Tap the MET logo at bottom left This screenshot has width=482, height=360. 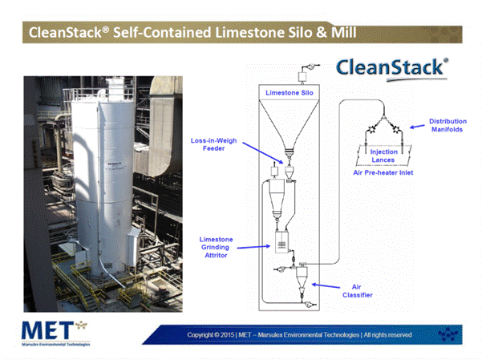(55, 334)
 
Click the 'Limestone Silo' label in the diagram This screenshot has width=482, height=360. (290, 93)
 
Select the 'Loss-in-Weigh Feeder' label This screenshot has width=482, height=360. (213, 144)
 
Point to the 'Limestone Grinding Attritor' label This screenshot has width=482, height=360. (216, 247)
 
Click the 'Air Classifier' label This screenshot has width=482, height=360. (357, 291)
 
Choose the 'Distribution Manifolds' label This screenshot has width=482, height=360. (448, 125)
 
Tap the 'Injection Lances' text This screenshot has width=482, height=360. (383, 156)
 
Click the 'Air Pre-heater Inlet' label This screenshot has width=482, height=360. (383, 172)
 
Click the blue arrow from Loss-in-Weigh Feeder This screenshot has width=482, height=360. (263, 153)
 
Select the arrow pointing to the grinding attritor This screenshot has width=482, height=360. (253, 247)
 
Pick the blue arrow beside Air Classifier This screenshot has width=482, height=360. (326, 286)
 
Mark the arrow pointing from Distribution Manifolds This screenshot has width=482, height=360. (417, 127)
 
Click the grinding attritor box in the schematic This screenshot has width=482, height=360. (282, 242)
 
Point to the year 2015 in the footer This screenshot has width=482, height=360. (227, 335)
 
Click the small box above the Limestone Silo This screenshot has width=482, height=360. (302, 76)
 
